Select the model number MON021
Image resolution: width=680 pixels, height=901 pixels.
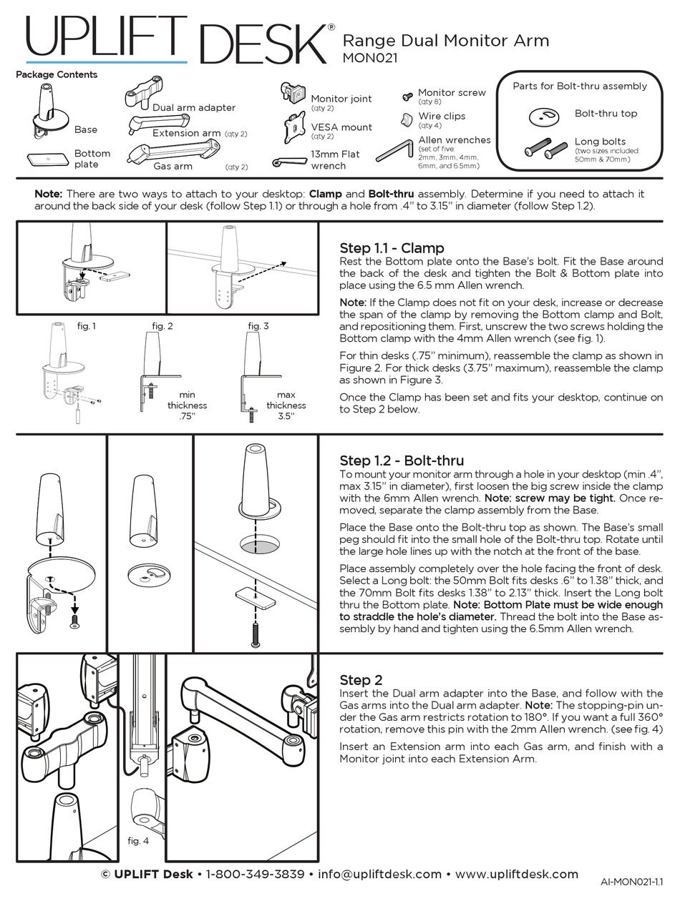370,58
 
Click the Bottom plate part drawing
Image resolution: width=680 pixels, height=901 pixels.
47,159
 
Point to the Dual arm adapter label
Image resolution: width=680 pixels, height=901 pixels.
193,107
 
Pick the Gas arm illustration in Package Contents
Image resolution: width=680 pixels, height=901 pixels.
173,152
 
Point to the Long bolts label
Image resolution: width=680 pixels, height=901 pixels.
600,142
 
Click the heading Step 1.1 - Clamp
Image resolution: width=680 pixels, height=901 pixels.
392,248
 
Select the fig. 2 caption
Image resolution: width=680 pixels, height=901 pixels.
162,326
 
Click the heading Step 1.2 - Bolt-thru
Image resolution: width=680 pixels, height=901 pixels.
402,461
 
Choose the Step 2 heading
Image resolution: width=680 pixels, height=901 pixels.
361,679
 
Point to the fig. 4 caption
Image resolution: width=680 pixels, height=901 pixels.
138,840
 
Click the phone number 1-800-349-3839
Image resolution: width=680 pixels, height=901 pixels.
255,874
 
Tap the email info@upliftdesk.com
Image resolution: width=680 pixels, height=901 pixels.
379,874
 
